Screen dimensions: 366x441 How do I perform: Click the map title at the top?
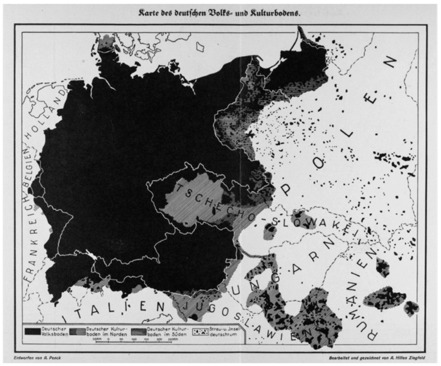click(x=219, y=13)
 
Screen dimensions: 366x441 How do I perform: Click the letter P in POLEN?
click(x=286, y=189)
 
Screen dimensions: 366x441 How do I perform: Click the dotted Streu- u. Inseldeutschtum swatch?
click(x=201, y=332)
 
